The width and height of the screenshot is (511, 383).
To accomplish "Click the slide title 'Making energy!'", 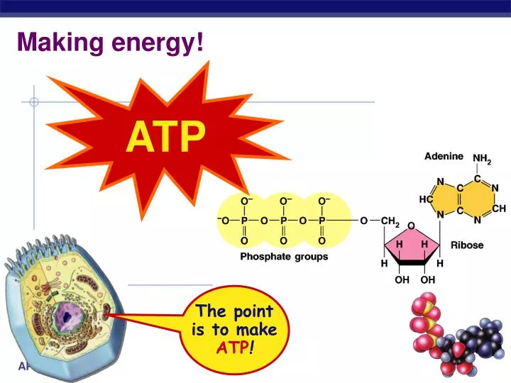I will pos(110,43).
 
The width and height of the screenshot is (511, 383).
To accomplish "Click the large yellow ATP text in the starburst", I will pos(166,137).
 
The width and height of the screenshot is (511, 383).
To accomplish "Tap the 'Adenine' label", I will pos(444,157).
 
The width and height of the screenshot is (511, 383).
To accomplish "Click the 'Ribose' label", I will pos(467,245).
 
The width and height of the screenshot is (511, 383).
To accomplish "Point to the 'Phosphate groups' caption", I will pos(284,257).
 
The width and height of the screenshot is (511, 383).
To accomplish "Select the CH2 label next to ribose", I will pos(390,221).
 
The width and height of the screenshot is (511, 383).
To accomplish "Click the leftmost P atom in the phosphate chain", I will pos(244,221).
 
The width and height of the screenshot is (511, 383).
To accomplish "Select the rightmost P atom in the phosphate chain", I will pos(322,221).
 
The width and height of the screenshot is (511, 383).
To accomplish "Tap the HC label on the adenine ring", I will pos(426,199).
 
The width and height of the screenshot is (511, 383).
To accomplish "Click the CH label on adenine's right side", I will pos(498,208).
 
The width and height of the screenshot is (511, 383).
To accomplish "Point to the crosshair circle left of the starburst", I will pos(33,102).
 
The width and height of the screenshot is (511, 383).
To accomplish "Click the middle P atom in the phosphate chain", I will pos(283,221).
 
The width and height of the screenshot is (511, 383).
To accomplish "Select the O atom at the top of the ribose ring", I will pos(411,226).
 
